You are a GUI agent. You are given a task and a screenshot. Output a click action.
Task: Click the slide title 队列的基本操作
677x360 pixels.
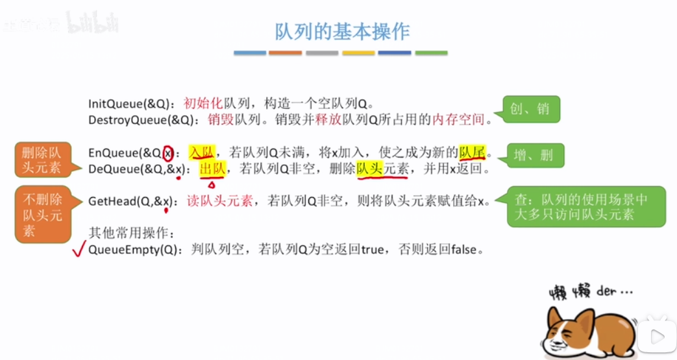tap(342, 31)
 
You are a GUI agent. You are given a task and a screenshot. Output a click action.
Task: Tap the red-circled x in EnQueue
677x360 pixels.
tap(168, 154)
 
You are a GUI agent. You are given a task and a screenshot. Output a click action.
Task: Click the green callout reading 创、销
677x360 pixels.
tap(531, 109)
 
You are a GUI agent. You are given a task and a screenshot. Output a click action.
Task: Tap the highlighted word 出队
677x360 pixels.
tap(212, 169)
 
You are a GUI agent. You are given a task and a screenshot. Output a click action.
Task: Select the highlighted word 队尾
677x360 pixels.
tap(472, 153)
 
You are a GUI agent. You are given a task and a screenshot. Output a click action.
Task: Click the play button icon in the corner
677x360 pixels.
tap(656, 336)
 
